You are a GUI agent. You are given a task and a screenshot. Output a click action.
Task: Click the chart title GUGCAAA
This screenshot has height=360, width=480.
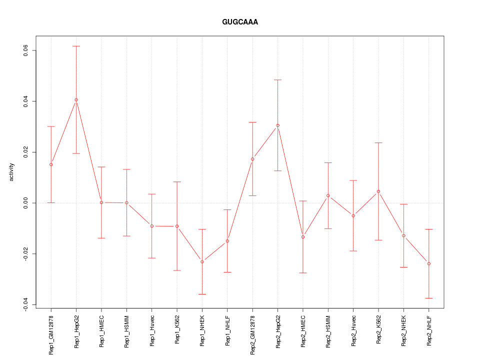[240, 22]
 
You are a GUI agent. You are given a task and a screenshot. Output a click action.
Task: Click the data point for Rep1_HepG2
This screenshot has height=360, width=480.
[76, 100]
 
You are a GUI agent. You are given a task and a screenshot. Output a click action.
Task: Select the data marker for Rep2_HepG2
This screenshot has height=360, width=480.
[277, 125]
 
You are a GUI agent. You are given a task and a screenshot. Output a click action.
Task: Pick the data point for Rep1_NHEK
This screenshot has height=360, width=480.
[202, 261]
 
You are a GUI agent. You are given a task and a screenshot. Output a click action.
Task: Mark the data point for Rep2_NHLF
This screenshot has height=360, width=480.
[428, 263]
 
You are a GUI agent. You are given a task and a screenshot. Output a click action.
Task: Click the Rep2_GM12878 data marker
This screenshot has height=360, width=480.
[252, 159]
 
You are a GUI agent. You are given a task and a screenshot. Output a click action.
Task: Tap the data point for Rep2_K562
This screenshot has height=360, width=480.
[378, 191]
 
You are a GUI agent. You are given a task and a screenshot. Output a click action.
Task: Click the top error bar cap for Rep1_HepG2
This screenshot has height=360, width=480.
[76, 46]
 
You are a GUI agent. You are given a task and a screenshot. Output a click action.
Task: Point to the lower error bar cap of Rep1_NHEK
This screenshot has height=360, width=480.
[202, 294]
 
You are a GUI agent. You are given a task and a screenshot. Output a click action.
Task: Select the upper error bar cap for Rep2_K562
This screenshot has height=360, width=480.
[378, 143]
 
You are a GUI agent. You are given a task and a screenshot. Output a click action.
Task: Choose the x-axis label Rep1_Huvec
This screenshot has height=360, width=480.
[152, 330]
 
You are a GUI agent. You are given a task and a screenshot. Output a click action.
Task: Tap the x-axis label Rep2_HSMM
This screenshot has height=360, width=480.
[328, 331]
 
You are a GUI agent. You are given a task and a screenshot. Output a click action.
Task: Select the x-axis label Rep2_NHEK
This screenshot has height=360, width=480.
[403, 331]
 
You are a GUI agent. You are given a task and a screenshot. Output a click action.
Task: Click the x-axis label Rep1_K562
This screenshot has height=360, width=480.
[177, 330]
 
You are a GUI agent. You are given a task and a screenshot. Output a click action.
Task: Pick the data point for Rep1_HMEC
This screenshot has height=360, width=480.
[101, 202]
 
